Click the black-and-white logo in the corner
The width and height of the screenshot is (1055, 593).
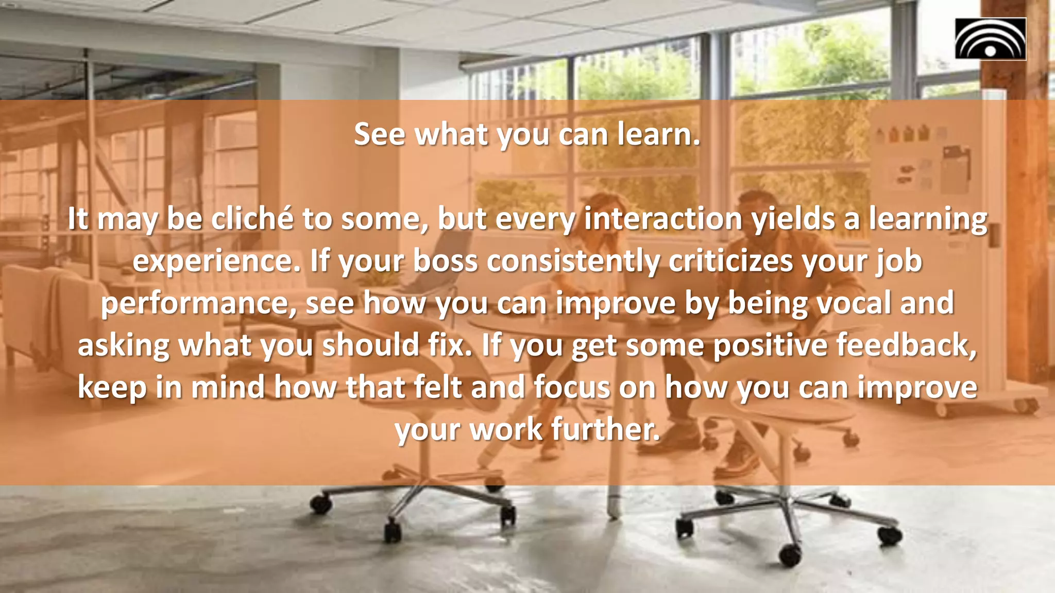tap(990, 39)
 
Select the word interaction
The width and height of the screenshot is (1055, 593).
tap(663, 218)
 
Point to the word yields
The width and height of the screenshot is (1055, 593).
tap(793, 218)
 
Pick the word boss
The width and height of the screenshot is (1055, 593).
tap(446, 261)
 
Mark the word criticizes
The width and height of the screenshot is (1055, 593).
tap(731, 261)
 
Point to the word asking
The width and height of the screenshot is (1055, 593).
tap(124, 345)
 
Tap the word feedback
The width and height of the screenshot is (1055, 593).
tap(906, 345)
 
